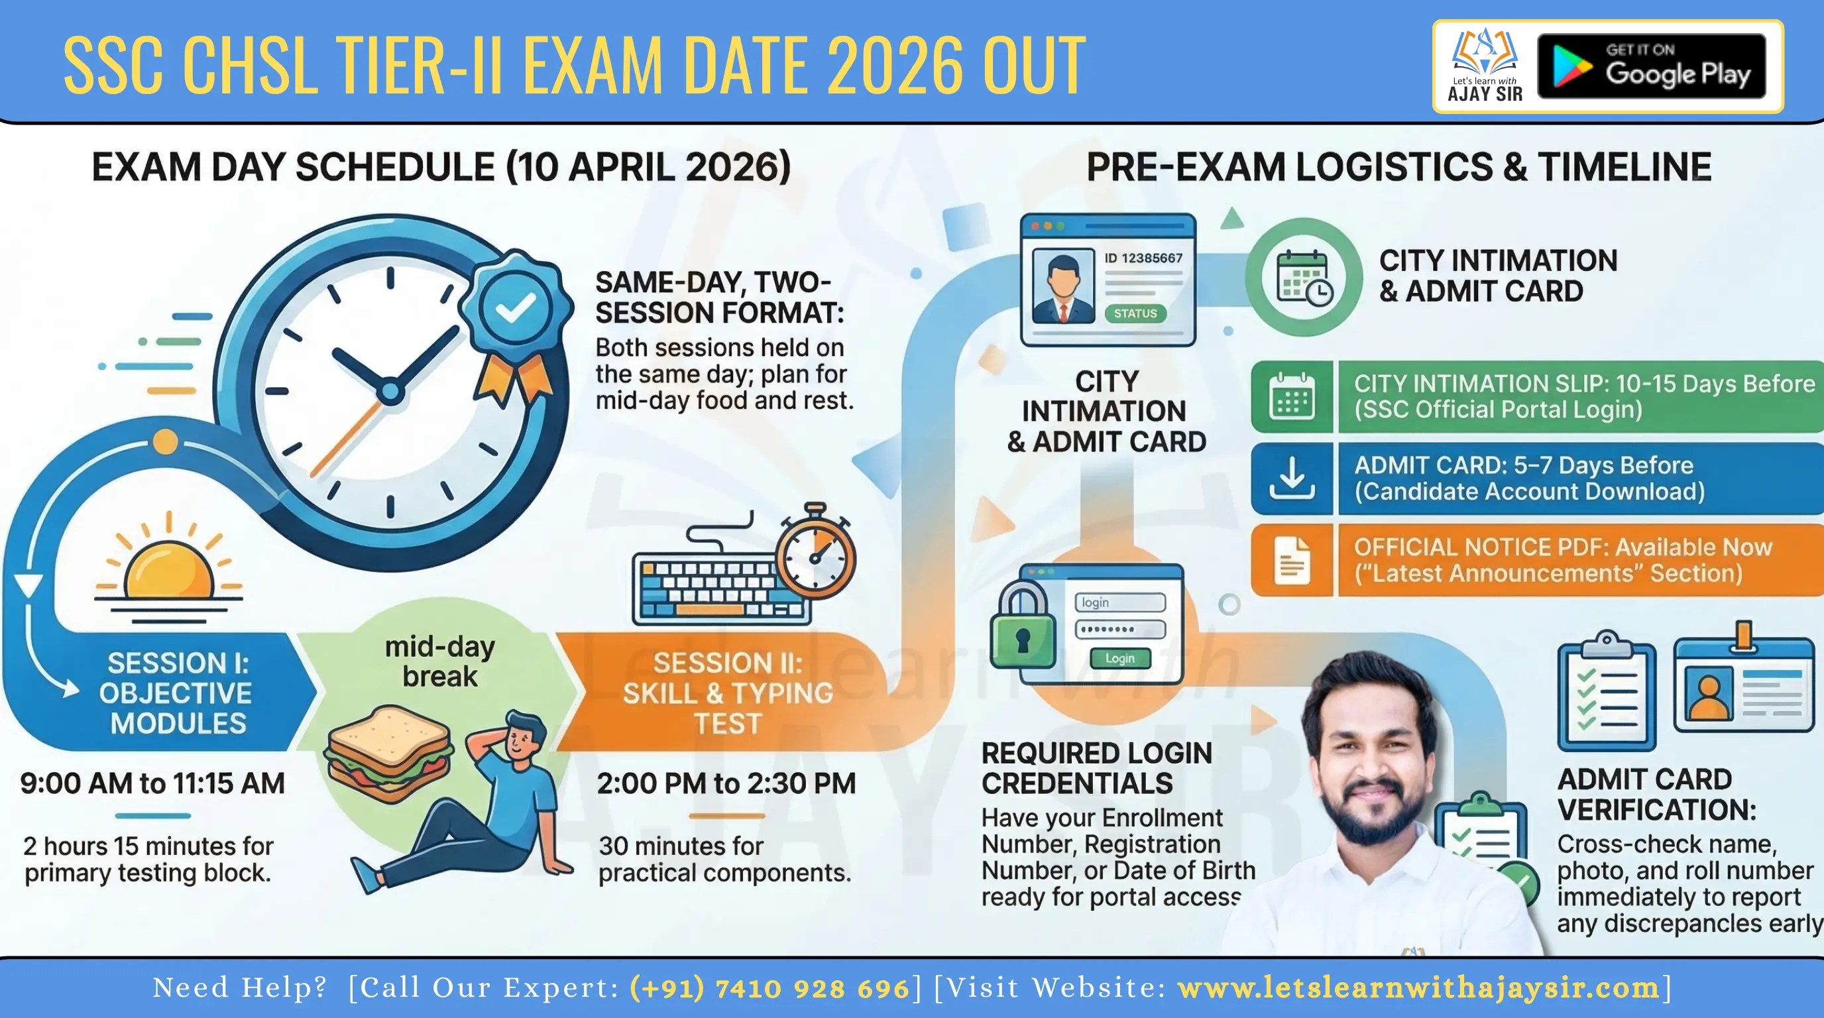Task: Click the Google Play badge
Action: [x=1650, y=66]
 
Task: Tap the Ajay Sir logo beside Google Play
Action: [x=1484, y=66]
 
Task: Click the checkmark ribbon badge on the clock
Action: [x=516, y=307]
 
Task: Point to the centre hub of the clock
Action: [x=390, y=392]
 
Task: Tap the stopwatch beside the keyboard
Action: [x=815, y=555]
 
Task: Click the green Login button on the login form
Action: [x=1119, y=658]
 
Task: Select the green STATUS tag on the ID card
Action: [x=1135, y=313]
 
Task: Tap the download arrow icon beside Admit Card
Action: [x=1292, y=479]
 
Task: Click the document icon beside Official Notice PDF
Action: [x=1292, y=561]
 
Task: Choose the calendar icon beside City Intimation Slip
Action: [x=1292, y=397]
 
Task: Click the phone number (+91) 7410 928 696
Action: [x=769, y=988]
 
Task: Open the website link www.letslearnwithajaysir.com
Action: [x=1418, y=988]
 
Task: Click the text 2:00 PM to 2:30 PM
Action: [x=726, y=783]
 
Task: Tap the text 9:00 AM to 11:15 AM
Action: [x=152, y=783]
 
